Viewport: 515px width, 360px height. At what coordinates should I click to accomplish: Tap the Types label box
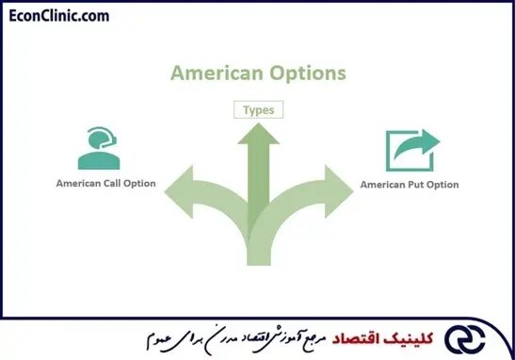pos(257,110)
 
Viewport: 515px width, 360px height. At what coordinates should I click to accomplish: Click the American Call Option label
pos(105,183)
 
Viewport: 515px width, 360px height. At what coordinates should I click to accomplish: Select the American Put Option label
pos(410,185)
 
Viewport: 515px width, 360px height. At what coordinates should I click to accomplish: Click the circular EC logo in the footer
pos(478,335)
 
